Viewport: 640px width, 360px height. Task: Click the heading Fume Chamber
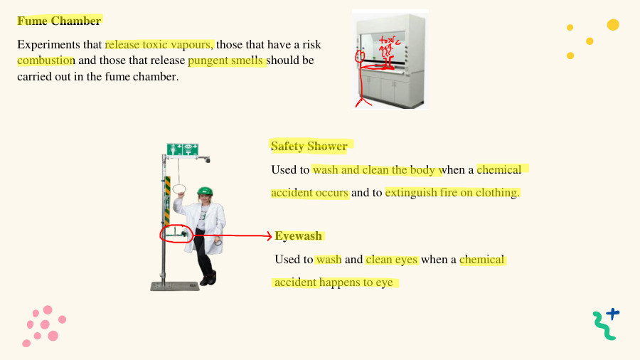(60, 21)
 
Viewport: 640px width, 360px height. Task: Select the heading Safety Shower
(309, 147)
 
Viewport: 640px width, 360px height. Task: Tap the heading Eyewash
(299, 235)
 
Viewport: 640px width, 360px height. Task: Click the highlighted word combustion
(46, 60)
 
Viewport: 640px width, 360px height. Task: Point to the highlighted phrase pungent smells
(227, 60)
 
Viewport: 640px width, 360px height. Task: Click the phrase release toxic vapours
(159, 44)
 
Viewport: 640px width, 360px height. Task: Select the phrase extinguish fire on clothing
(452, 192)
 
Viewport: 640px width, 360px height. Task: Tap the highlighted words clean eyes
(392, 260)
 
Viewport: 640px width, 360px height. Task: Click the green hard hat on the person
(205, 191)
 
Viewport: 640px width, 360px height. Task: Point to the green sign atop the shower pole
(182, 149)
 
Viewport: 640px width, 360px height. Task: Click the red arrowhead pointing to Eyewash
(268, 236)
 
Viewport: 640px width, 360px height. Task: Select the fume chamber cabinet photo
(390, 60)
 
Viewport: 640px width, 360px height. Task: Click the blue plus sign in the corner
(613, 312)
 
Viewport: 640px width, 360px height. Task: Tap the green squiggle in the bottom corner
(603, 327)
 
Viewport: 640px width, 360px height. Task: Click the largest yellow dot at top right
(613, 25)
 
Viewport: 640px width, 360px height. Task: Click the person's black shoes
(208, 279)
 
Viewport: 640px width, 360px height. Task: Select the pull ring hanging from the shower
(180, 189)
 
